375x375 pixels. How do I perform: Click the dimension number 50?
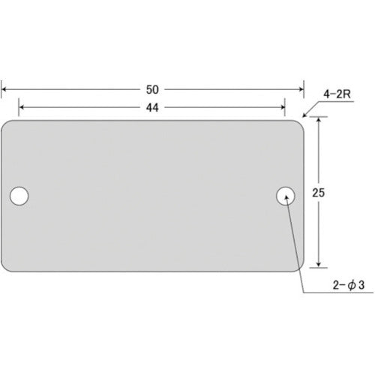[152, 89]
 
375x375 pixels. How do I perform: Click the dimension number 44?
[152, 107]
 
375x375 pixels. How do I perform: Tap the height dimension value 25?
[318, 193]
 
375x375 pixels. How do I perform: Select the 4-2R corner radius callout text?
[337, 94]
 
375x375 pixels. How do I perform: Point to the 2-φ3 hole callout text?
[349, 285]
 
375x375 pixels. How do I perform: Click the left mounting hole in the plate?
[19, 196]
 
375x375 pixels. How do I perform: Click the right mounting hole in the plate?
[286, 196]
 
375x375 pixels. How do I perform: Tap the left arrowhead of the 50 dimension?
[4, 89]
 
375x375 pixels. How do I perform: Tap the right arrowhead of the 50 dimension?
[301, 89]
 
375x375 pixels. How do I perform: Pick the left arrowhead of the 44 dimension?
[22, 107]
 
